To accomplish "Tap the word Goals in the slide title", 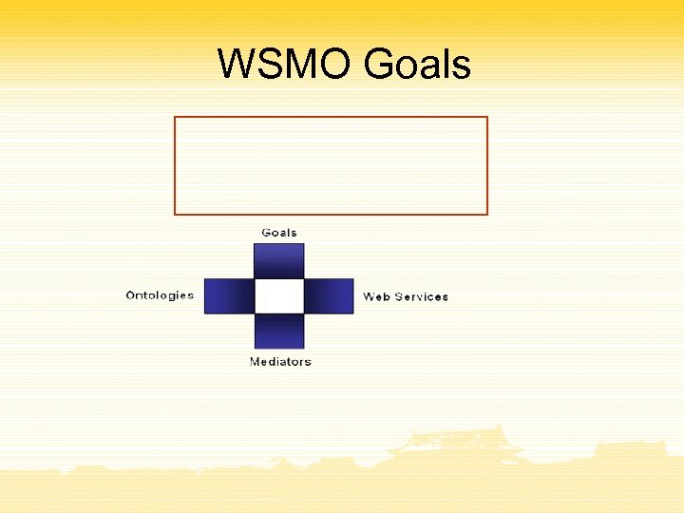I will (x=417, y=65).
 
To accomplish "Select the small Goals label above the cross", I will (x=279, y=233).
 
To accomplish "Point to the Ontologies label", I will (x=160, y=295).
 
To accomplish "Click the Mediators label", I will (x=280, y=362).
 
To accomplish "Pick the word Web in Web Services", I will (x=376, y=296).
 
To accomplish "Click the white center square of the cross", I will (x=279, y=295).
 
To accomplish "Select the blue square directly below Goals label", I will (x=279, y=260).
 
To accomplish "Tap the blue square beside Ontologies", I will (x=229, y=295).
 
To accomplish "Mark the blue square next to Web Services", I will (x=329, y=295).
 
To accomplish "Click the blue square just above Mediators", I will (x=279, y=331).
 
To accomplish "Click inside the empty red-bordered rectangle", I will (x=331, y=165).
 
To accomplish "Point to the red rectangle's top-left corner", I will (x=175, y=117).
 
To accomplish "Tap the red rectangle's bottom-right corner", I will (x=487, y=215).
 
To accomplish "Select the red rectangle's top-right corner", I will (x=487, y=117).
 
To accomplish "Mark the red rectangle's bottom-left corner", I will (x=175, y=215).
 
